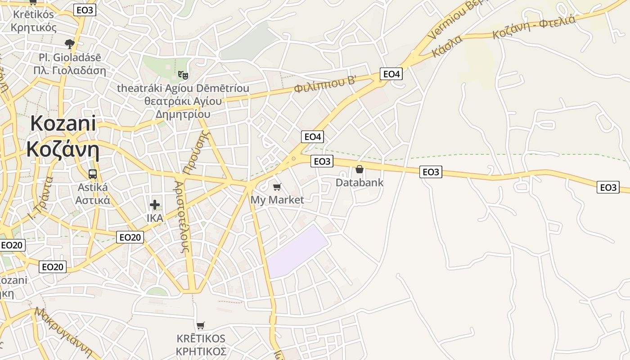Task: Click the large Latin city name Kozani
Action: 63,123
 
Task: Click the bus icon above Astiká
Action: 93,174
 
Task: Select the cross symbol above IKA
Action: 155,205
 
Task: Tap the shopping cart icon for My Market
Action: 277,186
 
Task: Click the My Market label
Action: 277,200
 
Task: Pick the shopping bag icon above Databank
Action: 359,169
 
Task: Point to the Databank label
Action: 360,182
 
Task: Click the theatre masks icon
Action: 183,74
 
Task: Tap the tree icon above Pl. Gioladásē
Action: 69,44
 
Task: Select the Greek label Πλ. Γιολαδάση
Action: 70,71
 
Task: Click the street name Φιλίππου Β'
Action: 325,84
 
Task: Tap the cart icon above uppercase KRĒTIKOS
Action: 201,325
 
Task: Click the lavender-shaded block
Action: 297,252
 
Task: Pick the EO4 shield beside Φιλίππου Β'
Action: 391,74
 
